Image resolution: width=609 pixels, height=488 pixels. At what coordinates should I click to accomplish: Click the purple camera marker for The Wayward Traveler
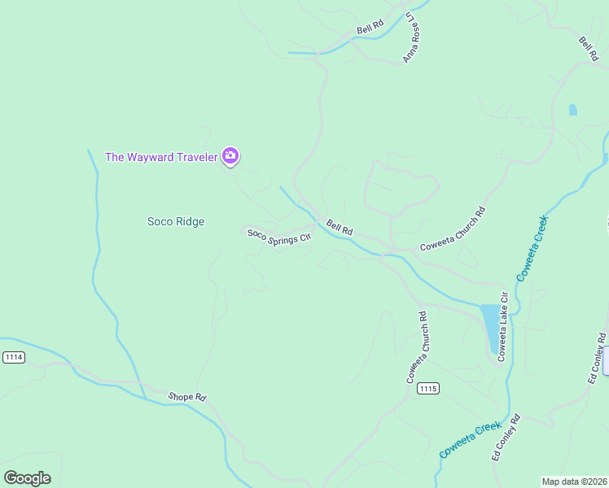pyautogui.click(x=230, y=155)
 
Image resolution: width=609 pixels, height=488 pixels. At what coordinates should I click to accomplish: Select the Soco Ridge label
pyautogui.click(x=175, y=221)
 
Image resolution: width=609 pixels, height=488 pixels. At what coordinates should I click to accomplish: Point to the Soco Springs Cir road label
pyautogui.click(x=279, y=237)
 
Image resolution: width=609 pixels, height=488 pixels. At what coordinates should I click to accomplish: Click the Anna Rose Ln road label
pyautogui.click(x=414, y=37)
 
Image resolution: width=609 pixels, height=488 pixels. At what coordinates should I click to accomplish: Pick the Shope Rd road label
pyautogui.click(x=187, y=397)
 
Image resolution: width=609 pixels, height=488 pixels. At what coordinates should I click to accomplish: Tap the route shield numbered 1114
pyautogui.click(x=14, y=357)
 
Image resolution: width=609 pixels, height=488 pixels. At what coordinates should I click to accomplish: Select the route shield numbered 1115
pyautogui.click(x=428, y=390)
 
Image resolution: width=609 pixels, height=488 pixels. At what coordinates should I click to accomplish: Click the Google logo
pyautogui.click(x=27, y=477)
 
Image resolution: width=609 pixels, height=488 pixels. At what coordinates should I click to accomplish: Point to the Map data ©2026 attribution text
pyautogui.click(x=574, y=481)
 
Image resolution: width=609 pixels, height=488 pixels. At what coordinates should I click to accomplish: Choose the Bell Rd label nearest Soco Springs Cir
pyautogui.click(x=340, y=228)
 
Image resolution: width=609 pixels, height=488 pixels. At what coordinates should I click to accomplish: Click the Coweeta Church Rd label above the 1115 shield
pyautogui.click(x=418, y=347)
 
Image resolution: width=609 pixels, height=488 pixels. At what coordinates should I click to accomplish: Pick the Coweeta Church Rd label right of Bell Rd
pyautogui.click(x=453, y=229)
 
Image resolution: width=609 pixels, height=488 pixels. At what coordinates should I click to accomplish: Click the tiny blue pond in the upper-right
pyautogui.click(x=572, y=110)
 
